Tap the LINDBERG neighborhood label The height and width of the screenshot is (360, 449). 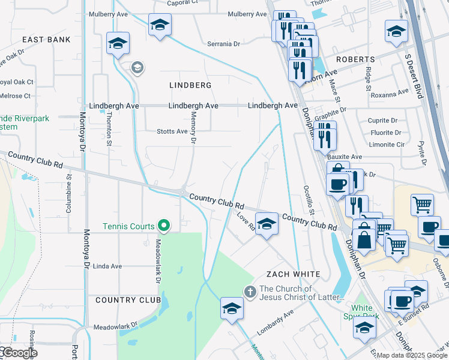coord(190,85)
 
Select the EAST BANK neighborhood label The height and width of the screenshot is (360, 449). coord(46,40)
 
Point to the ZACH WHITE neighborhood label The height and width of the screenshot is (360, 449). coord(294,274)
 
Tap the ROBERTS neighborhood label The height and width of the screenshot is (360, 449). coord(355,59)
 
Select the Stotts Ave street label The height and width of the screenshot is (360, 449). coord(172,131)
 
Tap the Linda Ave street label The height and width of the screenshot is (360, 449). coord(107,266)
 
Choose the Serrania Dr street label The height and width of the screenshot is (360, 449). coord(223,44)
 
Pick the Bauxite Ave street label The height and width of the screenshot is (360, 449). coord(349,157)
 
